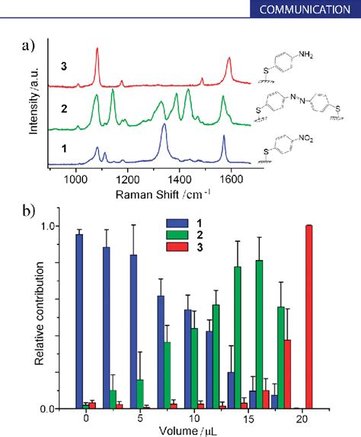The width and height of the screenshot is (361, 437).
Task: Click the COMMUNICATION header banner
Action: [x=308, y=11]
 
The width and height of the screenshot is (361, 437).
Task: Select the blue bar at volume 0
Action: [x=79, y=320]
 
